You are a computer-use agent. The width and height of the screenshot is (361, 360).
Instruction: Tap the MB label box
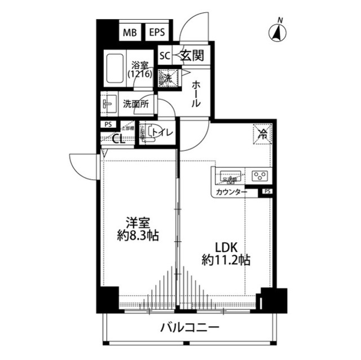point(130,33)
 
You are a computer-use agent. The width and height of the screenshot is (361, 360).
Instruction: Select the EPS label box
point(157,33)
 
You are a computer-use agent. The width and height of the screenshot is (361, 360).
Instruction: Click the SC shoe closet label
point(165,55)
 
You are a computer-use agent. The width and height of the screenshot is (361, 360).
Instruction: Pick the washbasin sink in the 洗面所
point(108,105)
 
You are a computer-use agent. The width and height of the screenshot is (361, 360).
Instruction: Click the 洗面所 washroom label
point(136,104)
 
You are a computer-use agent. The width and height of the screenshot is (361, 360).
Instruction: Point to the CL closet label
point(118,139)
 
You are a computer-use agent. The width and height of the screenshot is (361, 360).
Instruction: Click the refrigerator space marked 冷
point(262,134)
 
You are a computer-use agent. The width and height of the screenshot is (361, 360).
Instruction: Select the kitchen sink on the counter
point(230,176)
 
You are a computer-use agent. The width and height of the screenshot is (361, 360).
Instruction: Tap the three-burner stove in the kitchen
point(259,176)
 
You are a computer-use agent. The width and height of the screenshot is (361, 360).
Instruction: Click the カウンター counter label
point(231,193)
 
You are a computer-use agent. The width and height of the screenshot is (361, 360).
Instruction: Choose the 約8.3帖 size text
point(138,236)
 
